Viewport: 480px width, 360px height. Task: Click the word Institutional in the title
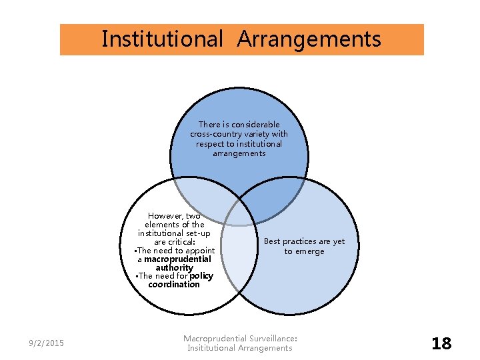162,39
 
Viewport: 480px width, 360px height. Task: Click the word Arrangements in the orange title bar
309,39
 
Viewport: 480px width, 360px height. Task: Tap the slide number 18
441,343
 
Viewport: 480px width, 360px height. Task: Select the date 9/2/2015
46,343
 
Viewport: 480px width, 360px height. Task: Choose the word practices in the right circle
299,241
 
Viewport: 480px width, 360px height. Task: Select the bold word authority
174,268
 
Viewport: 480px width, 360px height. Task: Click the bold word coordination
174,285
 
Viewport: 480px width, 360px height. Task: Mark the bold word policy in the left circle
201,276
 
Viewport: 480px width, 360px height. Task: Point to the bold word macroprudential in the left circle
177,259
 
